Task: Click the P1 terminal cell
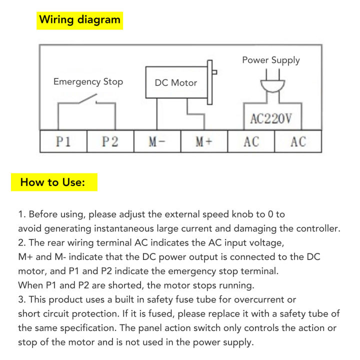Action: [x=63, y=141]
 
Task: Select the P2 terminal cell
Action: [x=110, y=141]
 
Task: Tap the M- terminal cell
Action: [x=157, y=141]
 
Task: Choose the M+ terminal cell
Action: [x=204, y=141]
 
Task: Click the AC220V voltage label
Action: [x=271, y=118]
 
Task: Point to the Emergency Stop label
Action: [x=88, y=81]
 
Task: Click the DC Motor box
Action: [x=176, y=82]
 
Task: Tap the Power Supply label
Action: [x=271, y=60]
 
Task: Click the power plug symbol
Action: [x=272, y=81]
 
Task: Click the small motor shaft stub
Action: [x=214, y=72]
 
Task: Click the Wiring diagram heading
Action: [x=79, y=19]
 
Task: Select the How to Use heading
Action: [x=52, y=182]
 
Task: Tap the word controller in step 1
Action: [x=318, y=228]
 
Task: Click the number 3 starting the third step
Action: [x=21, y=299]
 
